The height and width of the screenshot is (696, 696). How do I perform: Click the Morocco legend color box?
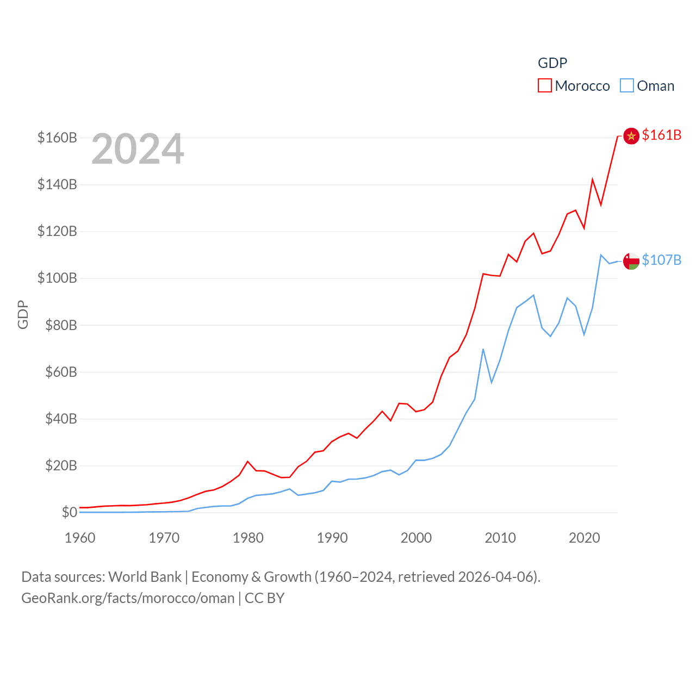click(x=545, y=86)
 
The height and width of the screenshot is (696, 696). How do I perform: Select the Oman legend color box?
click(x=627, y=86)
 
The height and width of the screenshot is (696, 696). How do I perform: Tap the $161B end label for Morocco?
click(x=661, y=135)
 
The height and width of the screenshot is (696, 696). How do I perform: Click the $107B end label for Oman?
click(x=661, y=260)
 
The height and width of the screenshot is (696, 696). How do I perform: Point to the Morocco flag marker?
click(x=631, y=136)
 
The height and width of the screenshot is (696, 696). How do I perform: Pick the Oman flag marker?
click(x=631, y=261)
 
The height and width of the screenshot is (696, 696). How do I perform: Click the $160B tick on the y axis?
click(x=57, y=138)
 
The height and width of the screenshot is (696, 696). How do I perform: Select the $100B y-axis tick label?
click(x=57, y=278)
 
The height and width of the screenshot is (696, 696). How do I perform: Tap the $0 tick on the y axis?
click(x=69, y=512)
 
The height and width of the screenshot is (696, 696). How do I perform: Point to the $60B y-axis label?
click(x=61, y=372)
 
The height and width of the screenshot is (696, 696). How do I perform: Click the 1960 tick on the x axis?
click(x=80, y=538)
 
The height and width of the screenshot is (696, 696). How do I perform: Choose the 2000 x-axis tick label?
click(x=416, y=538)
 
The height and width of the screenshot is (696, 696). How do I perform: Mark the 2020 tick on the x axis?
click(x=584, y=538)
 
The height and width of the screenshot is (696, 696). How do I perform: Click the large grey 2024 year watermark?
click(x=138, y=149)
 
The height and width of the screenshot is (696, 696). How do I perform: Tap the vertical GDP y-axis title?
click(x=23, y=314)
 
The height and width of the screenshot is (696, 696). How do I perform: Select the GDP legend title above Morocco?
click(x=552, y=63)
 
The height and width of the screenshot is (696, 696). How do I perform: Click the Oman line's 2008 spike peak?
click(x=483, y=349)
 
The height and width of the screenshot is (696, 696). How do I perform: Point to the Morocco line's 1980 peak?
click(x=248, y=462)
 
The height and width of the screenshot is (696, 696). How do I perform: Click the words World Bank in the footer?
click(x=145, y=576)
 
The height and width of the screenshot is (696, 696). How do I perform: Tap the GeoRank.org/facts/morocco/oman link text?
click(x=128, y=598)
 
